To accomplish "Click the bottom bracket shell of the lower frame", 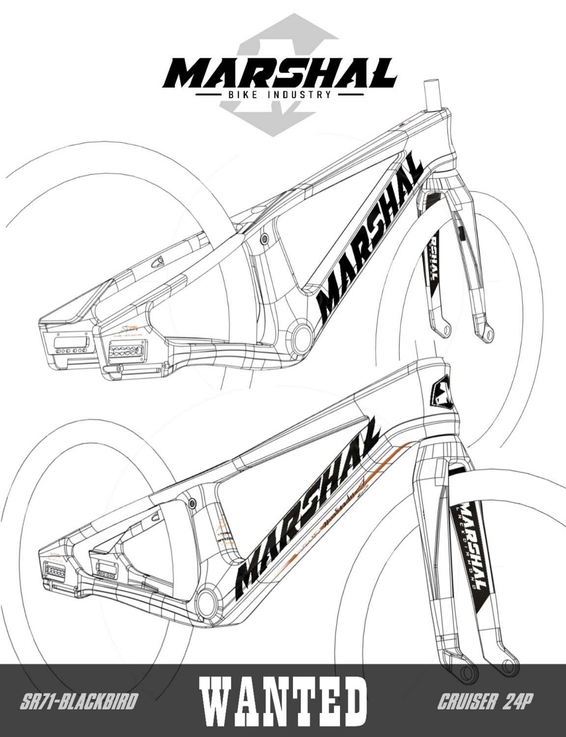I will [210, 600].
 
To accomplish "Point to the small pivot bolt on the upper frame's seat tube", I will [265, 239].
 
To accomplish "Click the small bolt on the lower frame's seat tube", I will [192, 501].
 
